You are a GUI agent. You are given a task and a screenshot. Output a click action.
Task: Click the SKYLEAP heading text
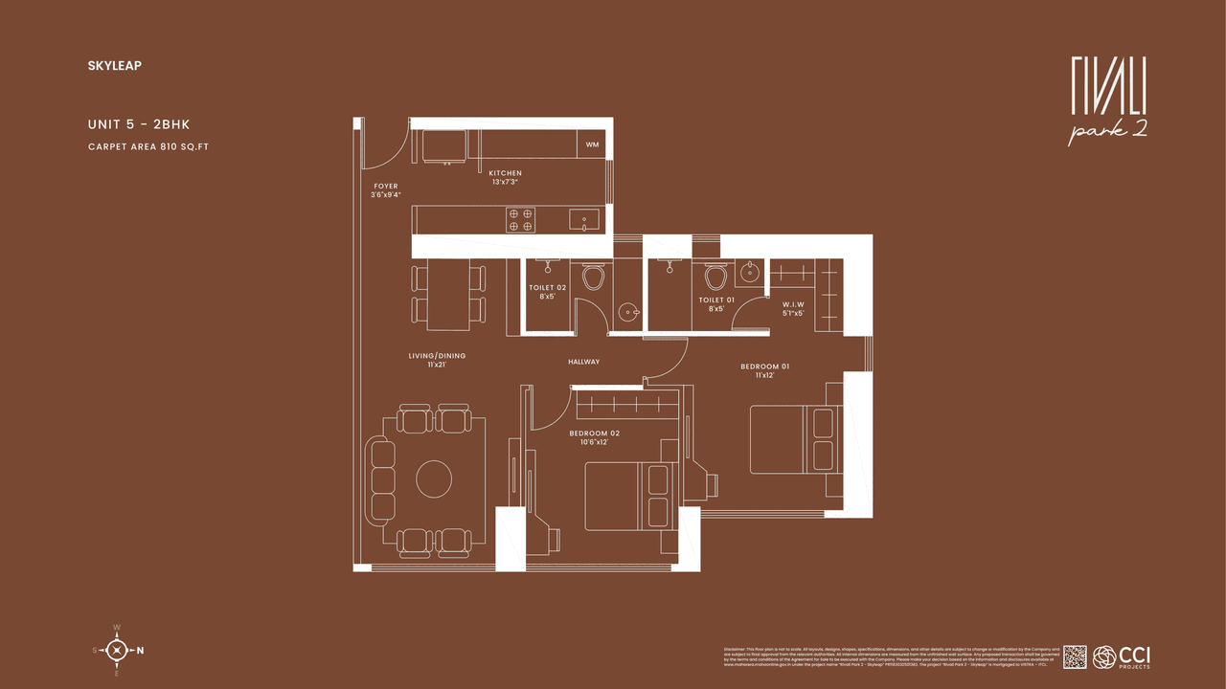[114, 66]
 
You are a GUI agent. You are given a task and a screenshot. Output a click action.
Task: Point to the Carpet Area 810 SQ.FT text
[148, 146]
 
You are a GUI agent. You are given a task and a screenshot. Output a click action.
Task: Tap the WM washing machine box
[592, 144]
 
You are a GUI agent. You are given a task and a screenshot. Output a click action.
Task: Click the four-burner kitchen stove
[521, 220]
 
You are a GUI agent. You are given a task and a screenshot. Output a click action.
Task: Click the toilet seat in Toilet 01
[715, 278]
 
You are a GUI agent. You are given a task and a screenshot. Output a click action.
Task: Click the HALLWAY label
[583, 362]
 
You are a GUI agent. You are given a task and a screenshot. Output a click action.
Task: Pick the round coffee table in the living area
[433, 478]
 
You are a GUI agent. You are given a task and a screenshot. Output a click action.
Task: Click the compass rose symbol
[116, 651]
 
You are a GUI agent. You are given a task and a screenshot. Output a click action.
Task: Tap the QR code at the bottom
[1075, 656]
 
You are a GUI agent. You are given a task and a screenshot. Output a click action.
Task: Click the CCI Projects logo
[1122, 656]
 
